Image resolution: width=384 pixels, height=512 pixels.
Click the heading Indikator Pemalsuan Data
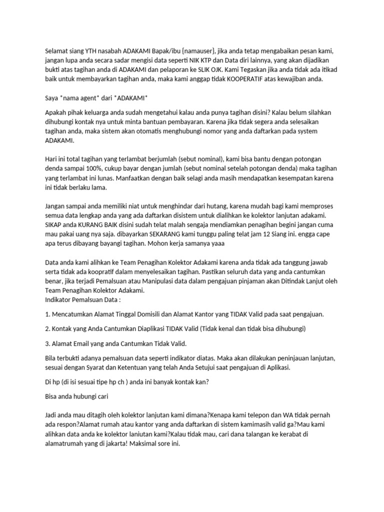point(82,299)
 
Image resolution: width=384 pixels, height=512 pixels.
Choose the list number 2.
point(47,328)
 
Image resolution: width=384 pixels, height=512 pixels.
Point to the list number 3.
point(47,343)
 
